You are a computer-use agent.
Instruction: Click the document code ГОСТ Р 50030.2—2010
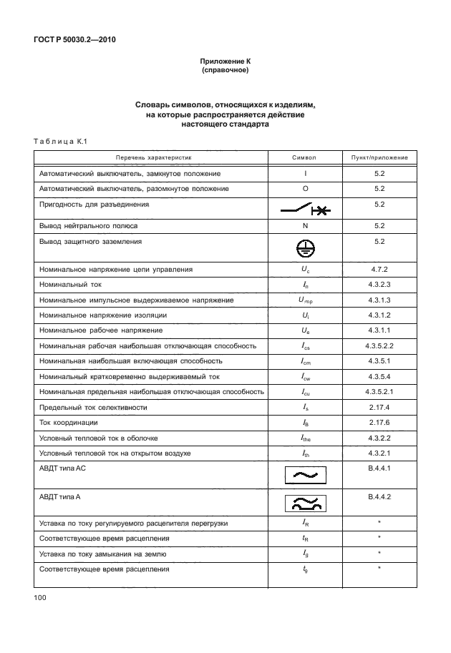point(74,39)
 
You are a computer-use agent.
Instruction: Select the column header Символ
point(304,157)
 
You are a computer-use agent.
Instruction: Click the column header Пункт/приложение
point(379,157)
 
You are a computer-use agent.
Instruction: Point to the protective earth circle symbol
point(304,247)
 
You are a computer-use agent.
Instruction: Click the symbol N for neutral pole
point(304,225)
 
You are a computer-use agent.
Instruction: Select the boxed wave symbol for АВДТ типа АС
point(304,474)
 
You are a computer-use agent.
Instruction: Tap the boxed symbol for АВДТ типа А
point(304,504)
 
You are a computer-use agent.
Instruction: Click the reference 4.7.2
point(379,270)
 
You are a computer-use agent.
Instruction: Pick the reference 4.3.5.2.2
point(379,345)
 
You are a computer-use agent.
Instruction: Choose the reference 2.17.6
point(379,422)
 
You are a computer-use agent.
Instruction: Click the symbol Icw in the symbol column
point(304,376)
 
